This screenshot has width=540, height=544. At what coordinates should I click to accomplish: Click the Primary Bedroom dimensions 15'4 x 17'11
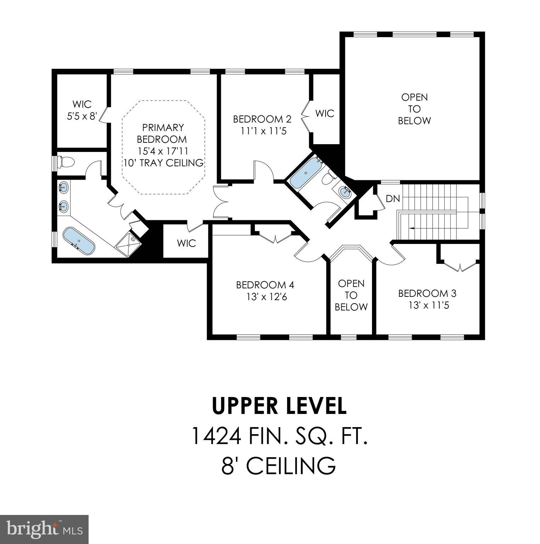(x=163, y=151)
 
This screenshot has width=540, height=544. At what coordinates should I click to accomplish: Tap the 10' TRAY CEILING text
(x=163, y=163)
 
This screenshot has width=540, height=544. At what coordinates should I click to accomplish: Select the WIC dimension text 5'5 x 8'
(x=82, y=116)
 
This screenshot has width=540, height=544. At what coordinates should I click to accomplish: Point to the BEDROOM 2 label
(x=262, y=119)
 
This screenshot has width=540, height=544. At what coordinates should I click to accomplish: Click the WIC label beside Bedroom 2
(x=325, y=114)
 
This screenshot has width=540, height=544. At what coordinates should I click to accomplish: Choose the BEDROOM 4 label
(x=265, y=285)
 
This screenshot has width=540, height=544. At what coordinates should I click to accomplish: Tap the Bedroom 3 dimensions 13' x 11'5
(x=428, y=305)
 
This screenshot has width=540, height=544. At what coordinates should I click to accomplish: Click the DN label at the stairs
(x=393, y=199)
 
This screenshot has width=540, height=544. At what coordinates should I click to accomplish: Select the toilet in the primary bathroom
(x=66, y=162)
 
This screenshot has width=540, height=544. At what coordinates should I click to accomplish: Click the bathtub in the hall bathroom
(x=305, y=173)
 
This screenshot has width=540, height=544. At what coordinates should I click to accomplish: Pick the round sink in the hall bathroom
(x=344, y=192)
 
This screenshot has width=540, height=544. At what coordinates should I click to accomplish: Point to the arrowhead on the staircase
(x=411, y=228)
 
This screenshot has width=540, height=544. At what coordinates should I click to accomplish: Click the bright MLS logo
(x=44, y=529)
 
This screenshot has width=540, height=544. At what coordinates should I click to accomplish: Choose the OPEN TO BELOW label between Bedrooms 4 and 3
(x=351, y=295)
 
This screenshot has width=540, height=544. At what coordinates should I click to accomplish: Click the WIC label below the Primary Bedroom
(x=186, y=244)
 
